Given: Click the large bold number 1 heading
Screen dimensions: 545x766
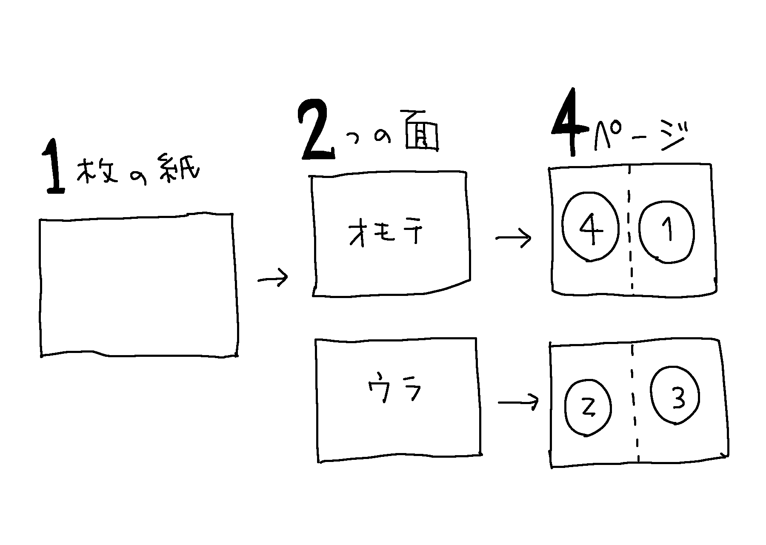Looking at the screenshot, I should pyautogui.click(x=54, y=167).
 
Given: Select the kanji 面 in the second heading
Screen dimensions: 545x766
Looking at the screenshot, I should pyautogui.click(x=420, y=132).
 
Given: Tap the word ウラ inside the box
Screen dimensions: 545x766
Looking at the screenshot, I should pyautogui.click(x=394, y=389).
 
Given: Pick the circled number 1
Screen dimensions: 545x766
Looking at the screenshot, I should pyautogui.click(x=667, y=232).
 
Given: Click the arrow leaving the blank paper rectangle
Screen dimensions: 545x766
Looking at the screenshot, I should pyautogui.click(x=273, y=278).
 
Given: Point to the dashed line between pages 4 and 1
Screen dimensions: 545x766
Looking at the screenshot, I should pyautogui.click(x=630, y=230).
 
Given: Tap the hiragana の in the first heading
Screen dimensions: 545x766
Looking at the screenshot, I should pyautogui.click(x=137, y=179).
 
